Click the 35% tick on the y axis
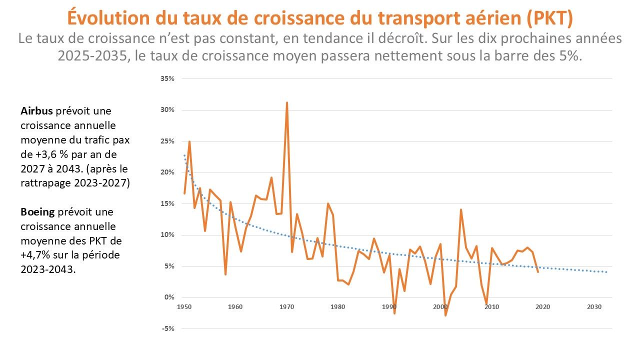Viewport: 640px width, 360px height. click(167, 79)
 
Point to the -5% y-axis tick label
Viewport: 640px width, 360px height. click(167, 328)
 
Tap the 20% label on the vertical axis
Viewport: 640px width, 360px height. click(167, 172)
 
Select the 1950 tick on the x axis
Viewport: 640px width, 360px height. click(183, 306)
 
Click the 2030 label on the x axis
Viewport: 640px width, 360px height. click(594, 306)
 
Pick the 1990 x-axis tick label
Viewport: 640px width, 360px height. click(388, 306)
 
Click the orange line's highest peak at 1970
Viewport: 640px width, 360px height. click(286, 102)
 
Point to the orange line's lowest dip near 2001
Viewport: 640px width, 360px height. click(445, 315)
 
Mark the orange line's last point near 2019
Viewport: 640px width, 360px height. click(537, 272)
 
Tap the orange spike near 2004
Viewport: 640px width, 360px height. click(460, 209)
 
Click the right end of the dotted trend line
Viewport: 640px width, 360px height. click(606, 272)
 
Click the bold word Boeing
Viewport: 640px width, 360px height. click(37, 212)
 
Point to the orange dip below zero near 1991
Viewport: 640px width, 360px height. click(394, 313)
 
